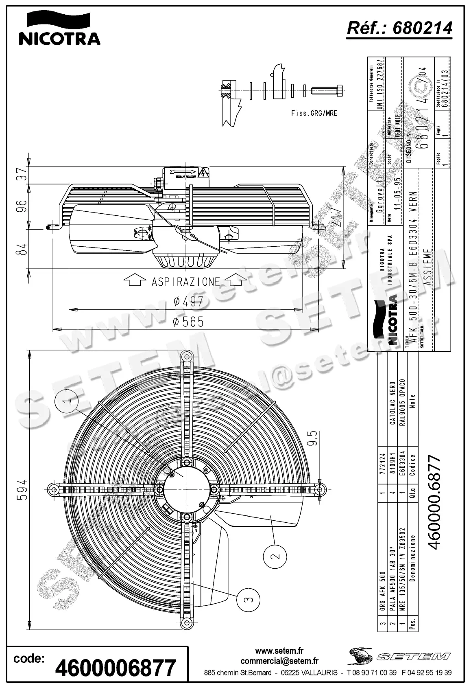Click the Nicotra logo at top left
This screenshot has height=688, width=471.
pos(59,28)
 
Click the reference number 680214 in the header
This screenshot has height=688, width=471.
pos(399,28)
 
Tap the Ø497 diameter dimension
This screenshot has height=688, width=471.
pos(188,301)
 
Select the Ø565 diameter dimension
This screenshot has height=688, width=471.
pos(188,322)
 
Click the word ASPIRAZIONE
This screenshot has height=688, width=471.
pos(185,282)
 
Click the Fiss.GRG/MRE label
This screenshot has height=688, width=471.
pos(314,114)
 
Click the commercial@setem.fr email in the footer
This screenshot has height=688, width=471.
pos(279,662)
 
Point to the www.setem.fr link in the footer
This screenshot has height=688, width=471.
pos(279,652)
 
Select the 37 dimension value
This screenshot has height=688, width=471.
pos(23,175)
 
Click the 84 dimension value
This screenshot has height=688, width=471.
pos(23,249)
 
